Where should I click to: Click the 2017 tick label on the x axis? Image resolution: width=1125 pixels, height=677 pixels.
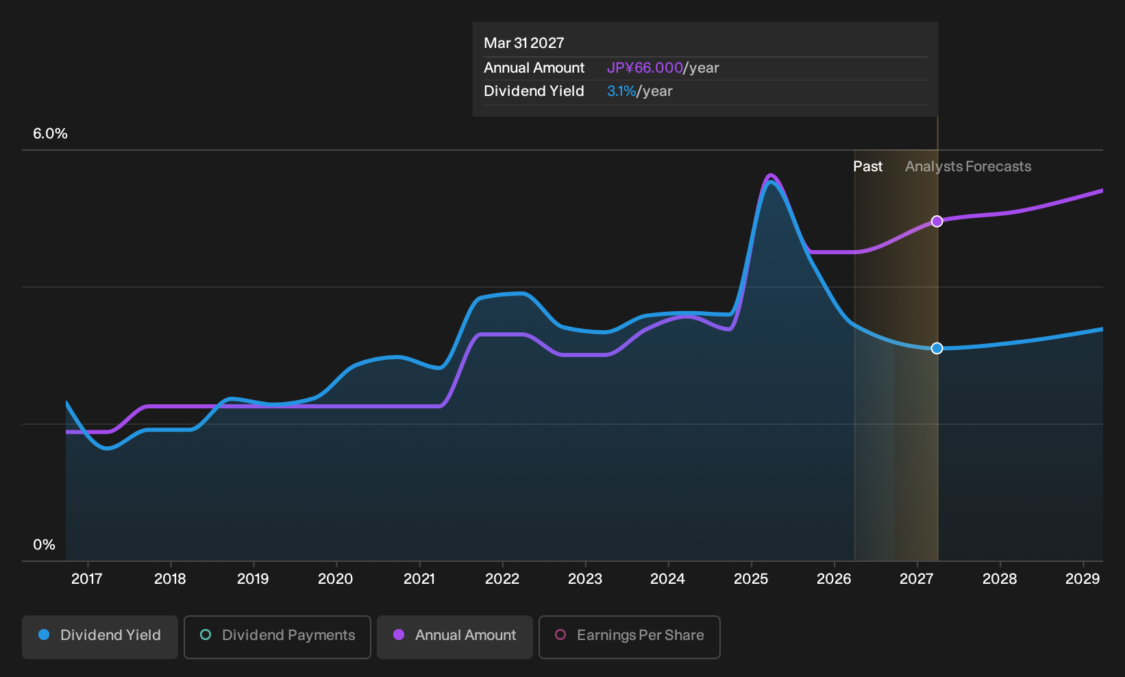pyautogui.click(x=87, y=579)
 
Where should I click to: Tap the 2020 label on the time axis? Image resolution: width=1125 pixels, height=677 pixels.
pyautogui.click(x=336, y=579)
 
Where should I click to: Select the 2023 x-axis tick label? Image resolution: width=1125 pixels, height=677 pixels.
pyautogui.click(x=585, y=579)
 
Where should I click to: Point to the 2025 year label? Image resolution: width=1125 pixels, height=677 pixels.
pyautogui.click(x=751, y=579)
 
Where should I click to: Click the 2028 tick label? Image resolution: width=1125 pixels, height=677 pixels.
pyautogui.click(x=1000, y=579)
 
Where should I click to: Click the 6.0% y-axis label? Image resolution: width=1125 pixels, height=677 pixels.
pyautogui.click(x=50, y=134)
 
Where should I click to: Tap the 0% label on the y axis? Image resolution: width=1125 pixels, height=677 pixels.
pyautogui.click(x=45, y=545)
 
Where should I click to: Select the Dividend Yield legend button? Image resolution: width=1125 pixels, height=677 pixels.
pyautogui.click(x=100, y=637)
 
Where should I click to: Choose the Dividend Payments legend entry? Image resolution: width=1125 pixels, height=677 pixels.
pyautogui.click(x=277, y=637)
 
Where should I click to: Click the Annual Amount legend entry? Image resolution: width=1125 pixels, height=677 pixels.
pyautogui.click(x=454, y=637)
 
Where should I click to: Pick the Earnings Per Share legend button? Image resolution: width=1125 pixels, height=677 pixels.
pyautogui.click(x=629, y=637)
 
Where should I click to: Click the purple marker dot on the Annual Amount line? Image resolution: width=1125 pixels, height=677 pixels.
pyautogui.click(x=937, y=221)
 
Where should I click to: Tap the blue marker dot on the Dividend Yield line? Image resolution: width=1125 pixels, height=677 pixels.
pyautogui.click(x=937, y=348)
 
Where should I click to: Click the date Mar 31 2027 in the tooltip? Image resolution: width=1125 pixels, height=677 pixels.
pyautogui.click(x=524, y=43)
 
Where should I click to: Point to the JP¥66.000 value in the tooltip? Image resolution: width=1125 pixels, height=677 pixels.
pyautogui.click(x=645, y=68)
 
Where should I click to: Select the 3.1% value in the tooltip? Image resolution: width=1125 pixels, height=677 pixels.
pyautogui.click(x=621, y=91)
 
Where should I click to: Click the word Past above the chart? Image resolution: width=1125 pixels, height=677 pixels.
pyautogui.click(x=867, y=167)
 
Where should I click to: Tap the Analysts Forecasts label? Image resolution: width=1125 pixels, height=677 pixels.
pyautogui.click(x=968, y=167)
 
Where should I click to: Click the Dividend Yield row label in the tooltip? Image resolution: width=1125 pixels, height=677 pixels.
pyautogui.click(x=534, y=91)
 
